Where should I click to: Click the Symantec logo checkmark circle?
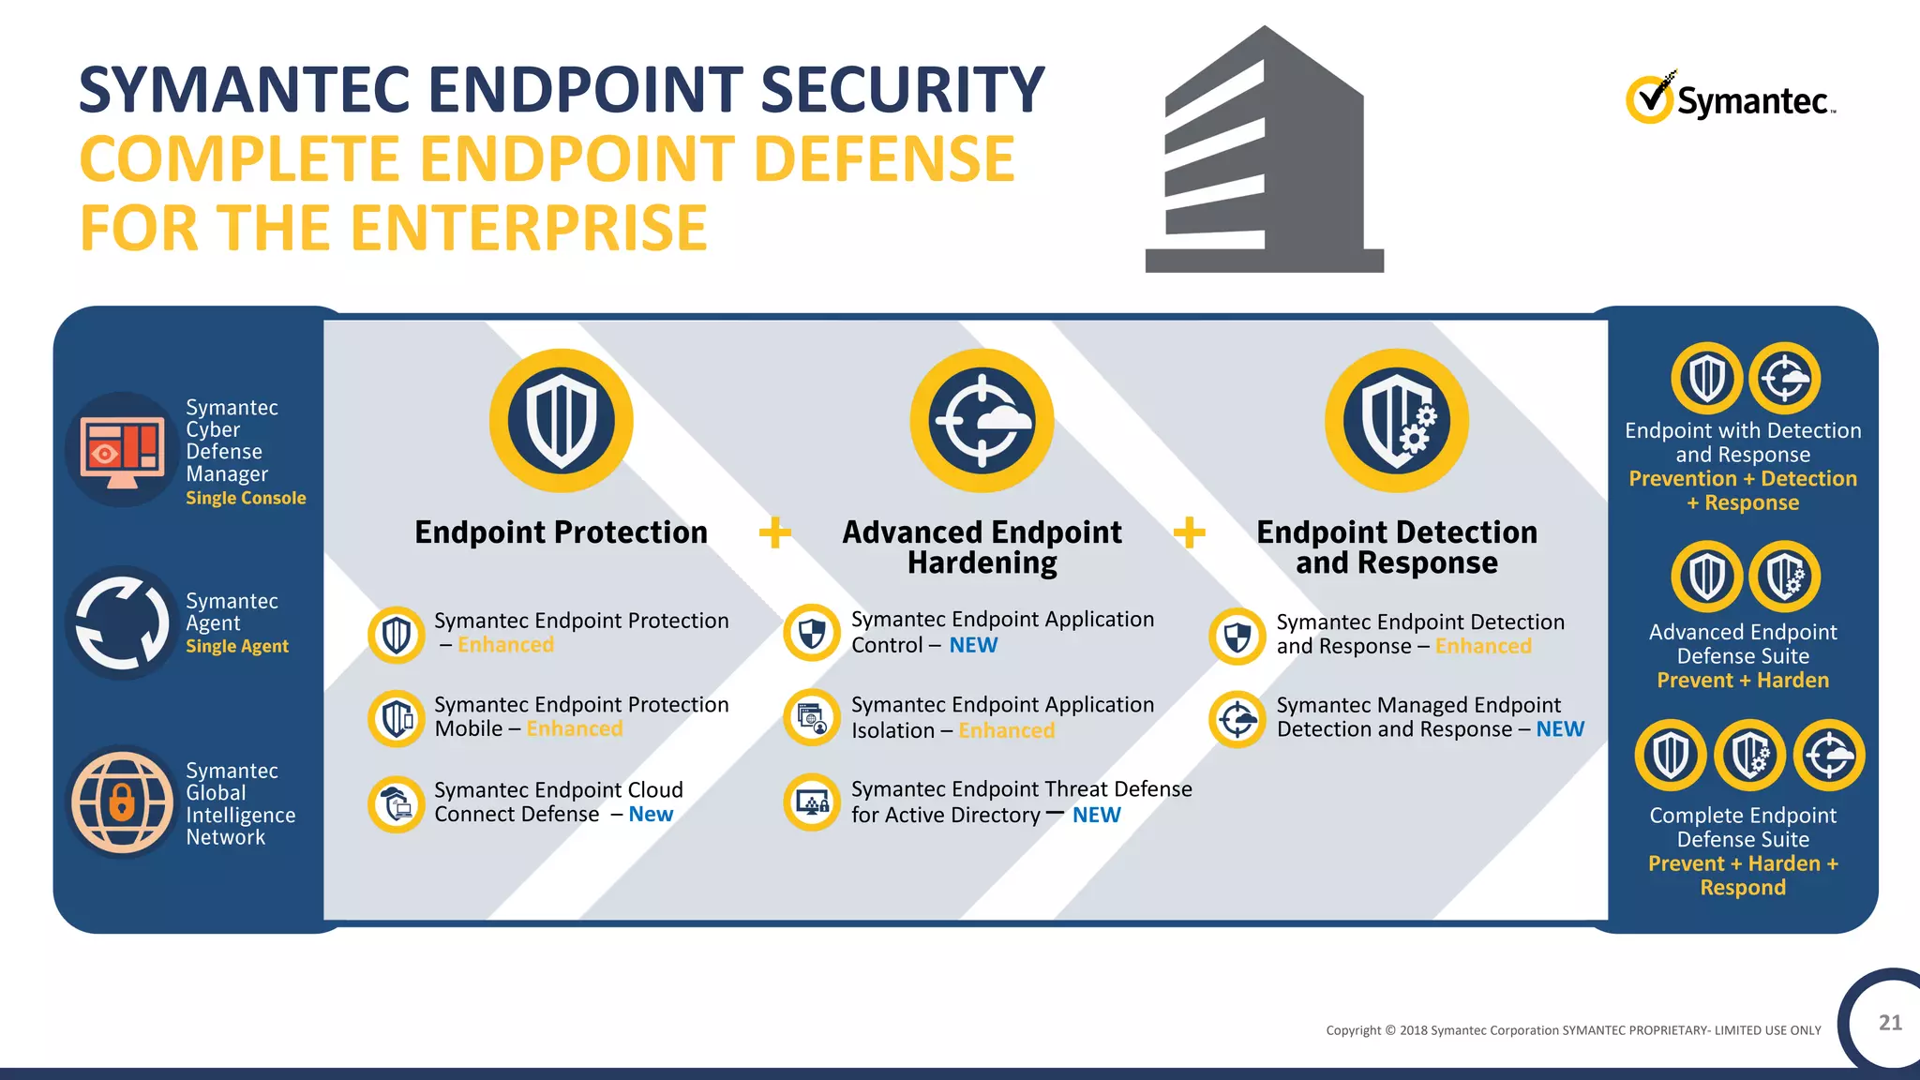click(x=1648, y=99)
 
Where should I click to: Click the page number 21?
click(x=1890, y=1023)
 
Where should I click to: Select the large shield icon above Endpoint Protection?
click(x=561, y=421)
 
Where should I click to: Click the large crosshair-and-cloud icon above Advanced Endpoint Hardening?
click(x=982, y=421)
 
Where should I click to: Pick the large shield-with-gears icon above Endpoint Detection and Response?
click(x=1396, y=421)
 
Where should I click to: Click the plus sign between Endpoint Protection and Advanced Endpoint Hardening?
click(x=774, y=532)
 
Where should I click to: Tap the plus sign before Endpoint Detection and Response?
click(x=1189, y=532)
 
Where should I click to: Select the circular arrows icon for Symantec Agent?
click(x=122, y=622)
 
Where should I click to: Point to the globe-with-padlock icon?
click(x=122, y=802)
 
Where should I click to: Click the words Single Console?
click(x=246, y=498)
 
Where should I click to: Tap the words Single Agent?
click(x=237, y=646)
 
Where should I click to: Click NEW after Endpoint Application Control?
click(x=973, y=645)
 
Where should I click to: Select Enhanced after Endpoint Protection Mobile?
click(x=575, y=728)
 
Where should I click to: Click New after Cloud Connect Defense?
click(x=651, y=814)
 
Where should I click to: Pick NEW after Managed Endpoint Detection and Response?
click(x=1560, y=728)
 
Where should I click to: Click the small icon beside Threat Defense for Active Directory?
click(x=812, y=802)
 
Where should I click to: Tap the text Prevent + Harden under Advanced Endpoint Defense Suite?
click(x=1742, y=680)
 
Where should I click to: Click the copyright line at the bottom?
click(x=1573, y=1030)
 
